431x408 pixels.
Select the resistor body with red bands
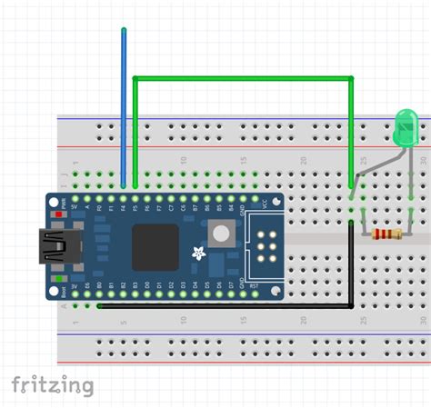coord(388,234)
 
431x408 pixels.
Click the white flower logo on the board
coord(198,252)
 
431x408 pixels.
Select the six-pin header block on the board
coord(266,246)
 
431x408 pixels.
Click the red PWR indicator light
coord(60,215)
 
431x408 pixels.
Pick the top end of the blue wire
coord(124,31)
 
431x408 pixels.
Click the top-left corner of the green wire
coord(135,79)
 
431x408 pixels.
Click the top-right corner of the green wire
coord(351,79)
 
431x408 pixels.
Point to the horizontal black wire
coord(223,306)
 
